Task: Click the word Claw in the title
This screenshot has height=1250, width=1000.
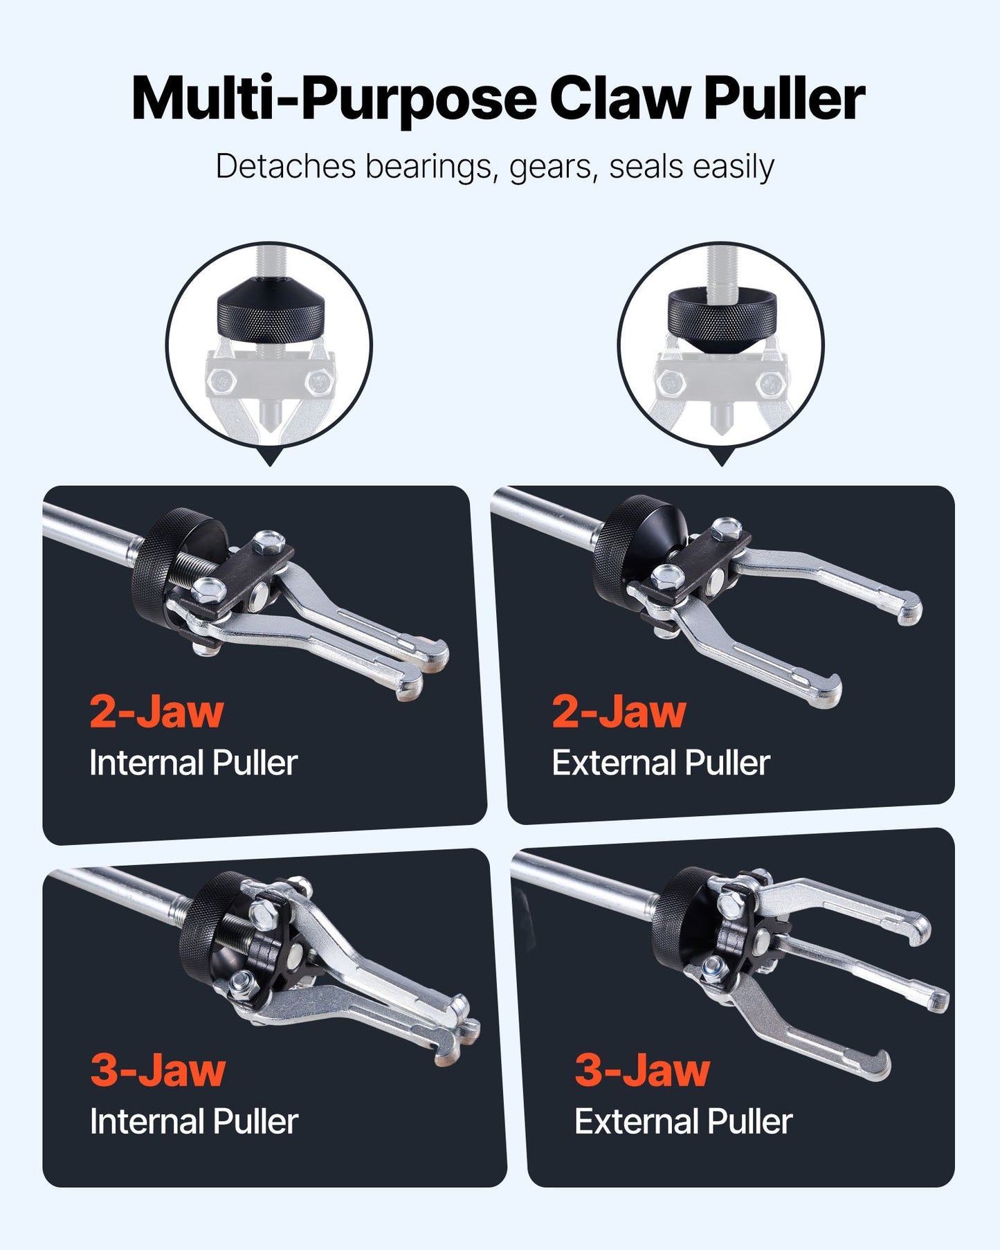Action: (619, 98)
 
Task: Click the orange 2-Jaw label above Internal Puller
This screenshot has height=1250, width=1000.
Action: (156, 712)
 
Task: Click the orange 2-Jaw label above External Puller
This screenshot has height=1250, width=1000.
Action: (619, 712)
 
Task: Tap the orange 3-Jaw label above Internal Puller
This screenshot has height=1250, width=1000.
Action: (158, 1070)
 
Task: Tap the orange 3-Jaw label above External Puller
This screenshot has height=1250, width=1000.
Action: (642, 1070)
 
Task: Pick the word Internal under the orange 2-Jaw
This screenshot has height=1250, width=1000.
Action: (145, 763)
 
